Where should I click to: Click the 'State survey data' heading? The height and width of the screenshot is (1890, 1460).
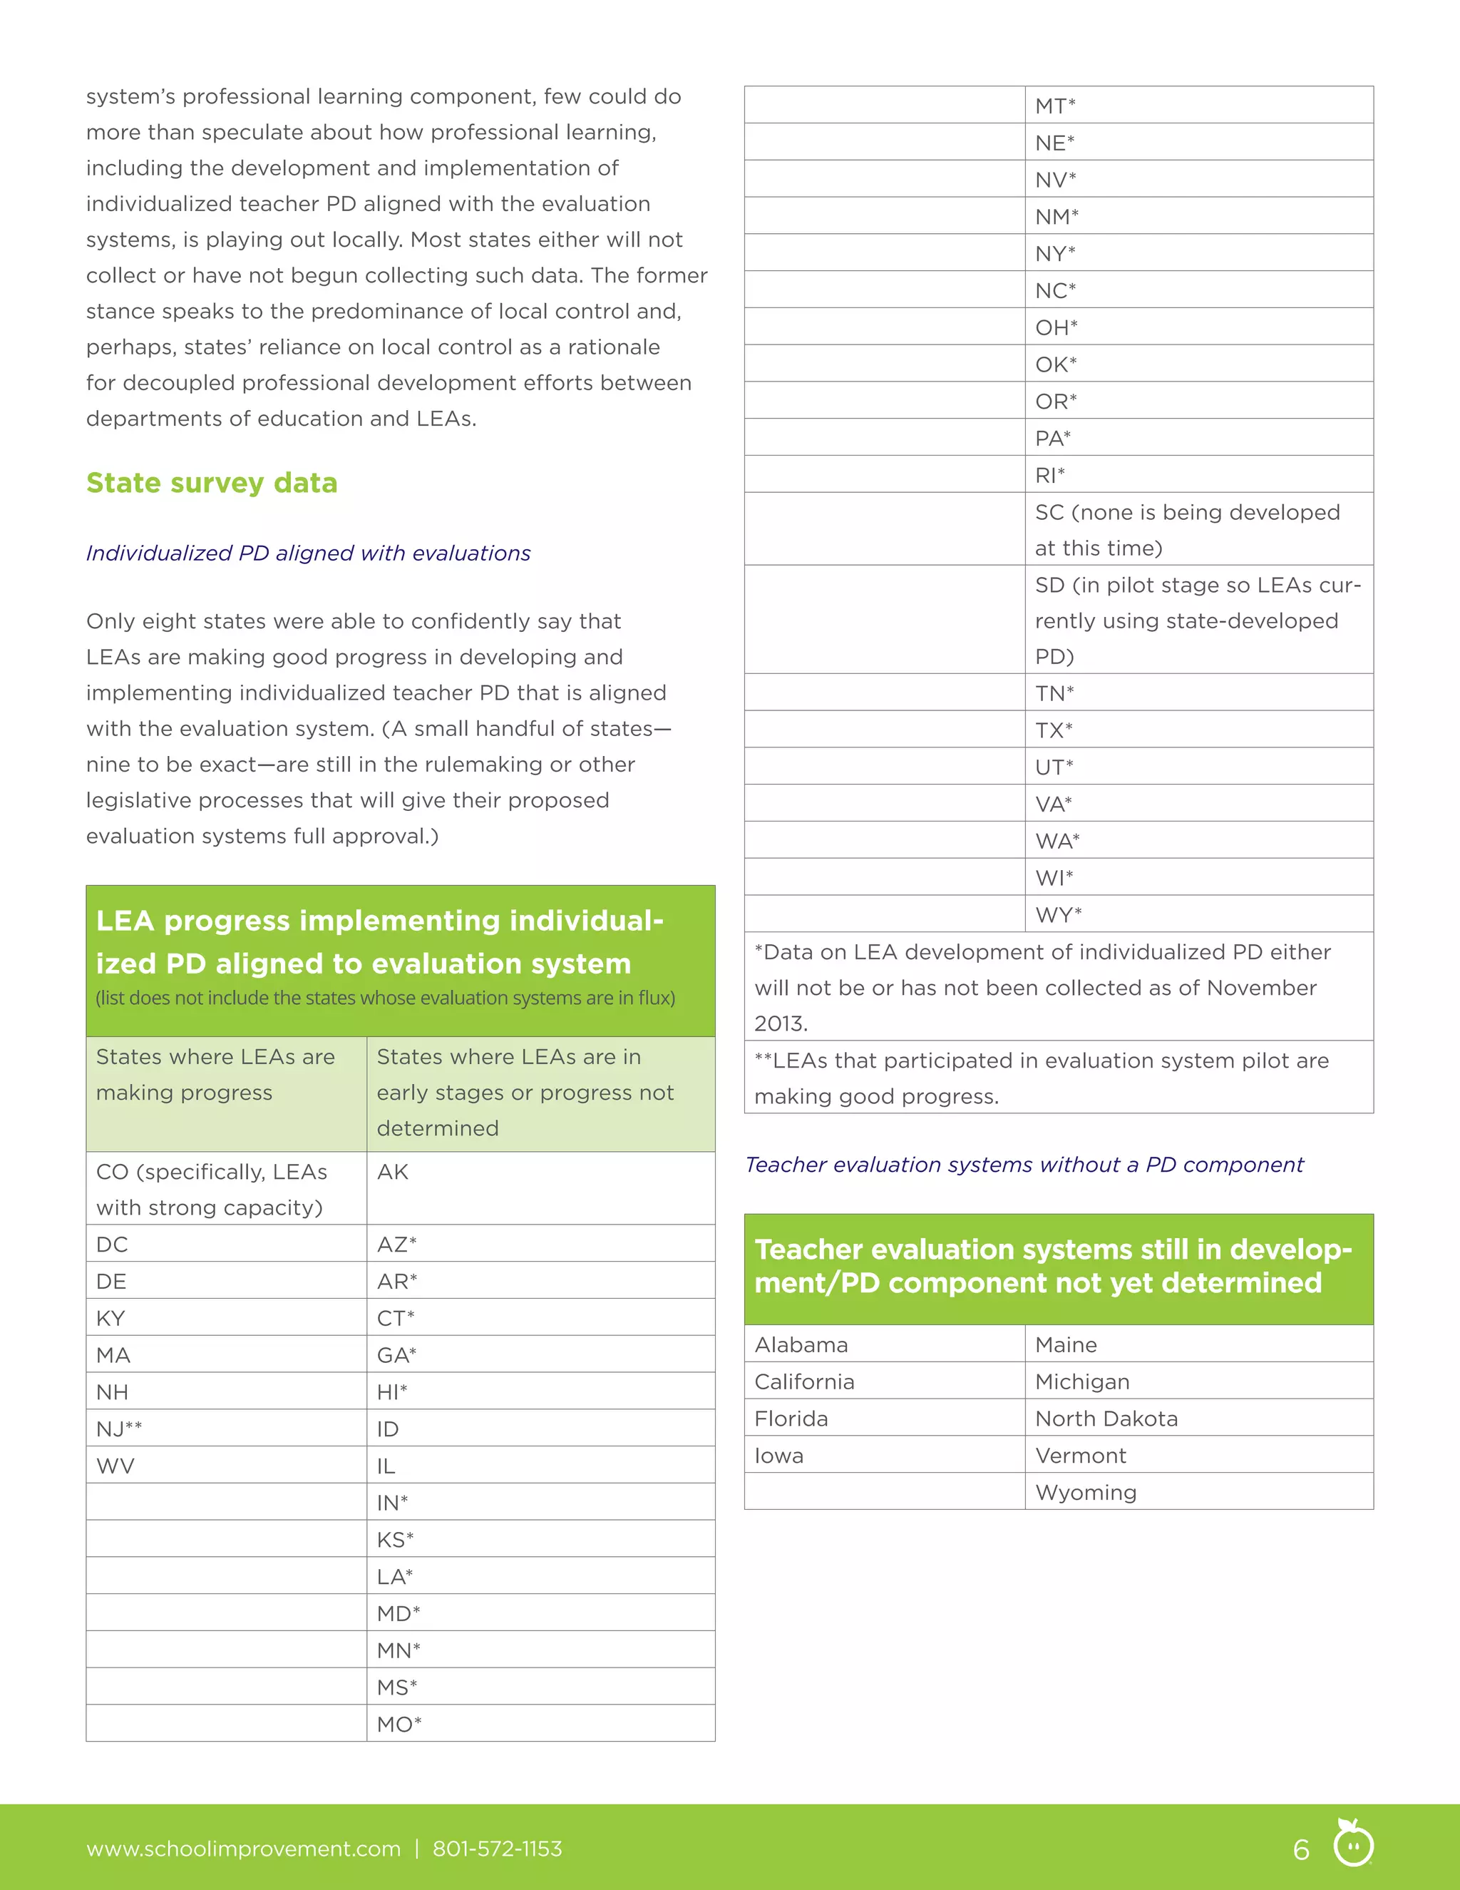tap(211, 483)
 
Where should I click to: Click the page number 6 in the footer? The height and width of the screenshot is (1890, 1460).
tap(1301, 1849)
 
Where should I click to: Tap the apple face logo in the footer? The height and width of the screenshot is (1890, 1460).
tap(1353, 1842)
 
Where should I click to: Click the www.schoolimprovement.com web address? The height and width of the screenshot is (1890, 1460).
tap(243, 1849)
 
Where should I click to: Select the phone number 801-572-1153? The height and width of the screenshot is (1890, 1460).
tap(498, 1849)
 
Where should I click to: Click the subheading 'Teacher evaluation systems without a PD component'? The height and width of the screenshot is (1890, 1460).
tap(1024, 1165)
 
